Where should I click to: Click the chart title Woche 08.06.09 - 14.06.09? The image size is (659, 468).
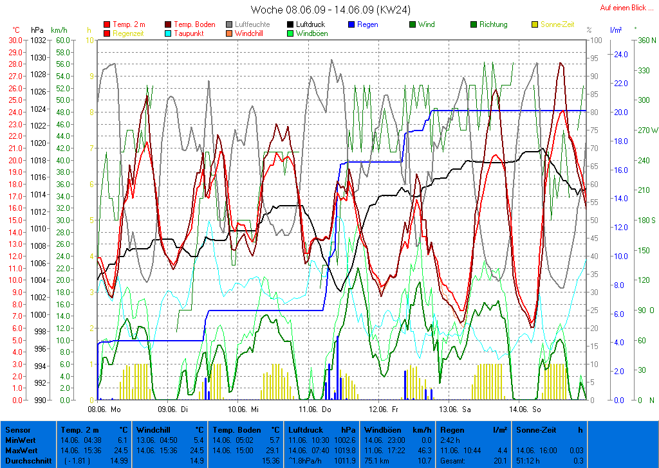click(x=330, y=10)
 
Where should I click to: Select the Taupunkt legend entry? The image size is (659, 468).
click(x=189, y=33)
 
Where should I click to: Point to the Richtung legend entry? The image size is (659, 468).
click(x=493, y=24)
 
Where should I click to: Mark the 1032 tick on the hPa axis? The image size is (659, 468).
click(x=38, y=40)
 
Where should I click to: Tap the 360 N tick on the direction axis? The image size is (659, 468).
click(x=645, y=40)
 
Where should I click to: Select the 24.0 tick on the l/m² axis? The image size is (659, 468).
click(x=620, y=54)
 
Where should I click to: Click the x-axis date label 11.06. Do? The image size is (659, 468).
click(x=315, y=408)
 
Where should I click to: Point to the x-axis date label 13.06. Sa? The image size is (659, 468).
click(x=454, y=408)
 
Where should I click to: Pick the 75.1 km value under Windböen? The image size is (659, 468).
click(x=376, y=460)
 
